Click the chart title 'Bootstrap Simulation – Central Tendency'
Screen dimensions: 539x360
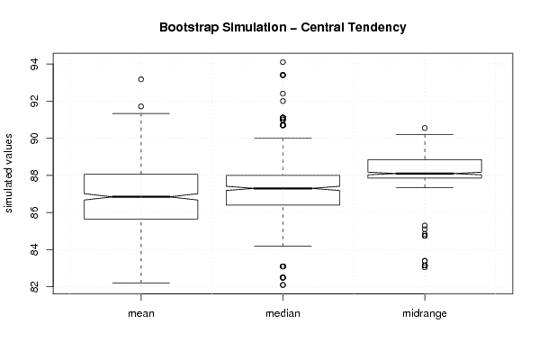point(283,27)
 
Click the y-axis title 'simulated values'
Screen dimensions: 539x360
point(8,174)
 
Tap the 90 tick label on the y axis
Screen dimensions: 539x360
point(35,139)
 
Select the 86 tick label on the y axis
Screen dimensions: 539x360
point(35,212)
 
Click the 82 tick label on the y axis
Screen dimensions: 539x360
point(35,286)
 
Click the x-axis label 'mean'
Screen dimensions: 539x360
point(141,313)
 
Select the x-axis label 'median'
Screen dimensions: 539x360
point(283,313)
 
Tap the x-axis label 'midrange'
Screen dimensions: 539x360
point(425,313)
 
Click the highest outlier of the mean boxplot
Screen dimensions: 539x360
point(141,79)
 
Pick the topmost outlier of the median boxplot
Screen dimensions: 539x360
point(283,62)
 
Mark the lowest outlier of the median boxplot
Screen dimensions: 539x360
point(283,285)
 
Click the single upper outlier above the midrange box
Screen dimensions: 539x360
point(425,129)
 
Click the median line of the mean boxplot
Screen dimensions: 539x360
point(141,197)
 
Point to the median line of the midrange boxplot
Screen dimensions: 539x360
point(425,174)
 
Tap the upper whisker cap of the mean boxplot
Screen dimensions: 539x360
point(141,113)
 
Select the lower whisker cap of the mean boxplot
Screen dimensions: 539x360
point(141,283)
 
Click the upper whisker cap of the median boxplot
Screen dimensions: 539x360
point(283,138)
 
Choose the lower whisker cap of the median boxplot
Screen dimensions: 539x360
point(283,247)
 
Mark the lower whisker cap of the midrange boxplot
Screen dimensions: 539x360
point(425,187)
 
